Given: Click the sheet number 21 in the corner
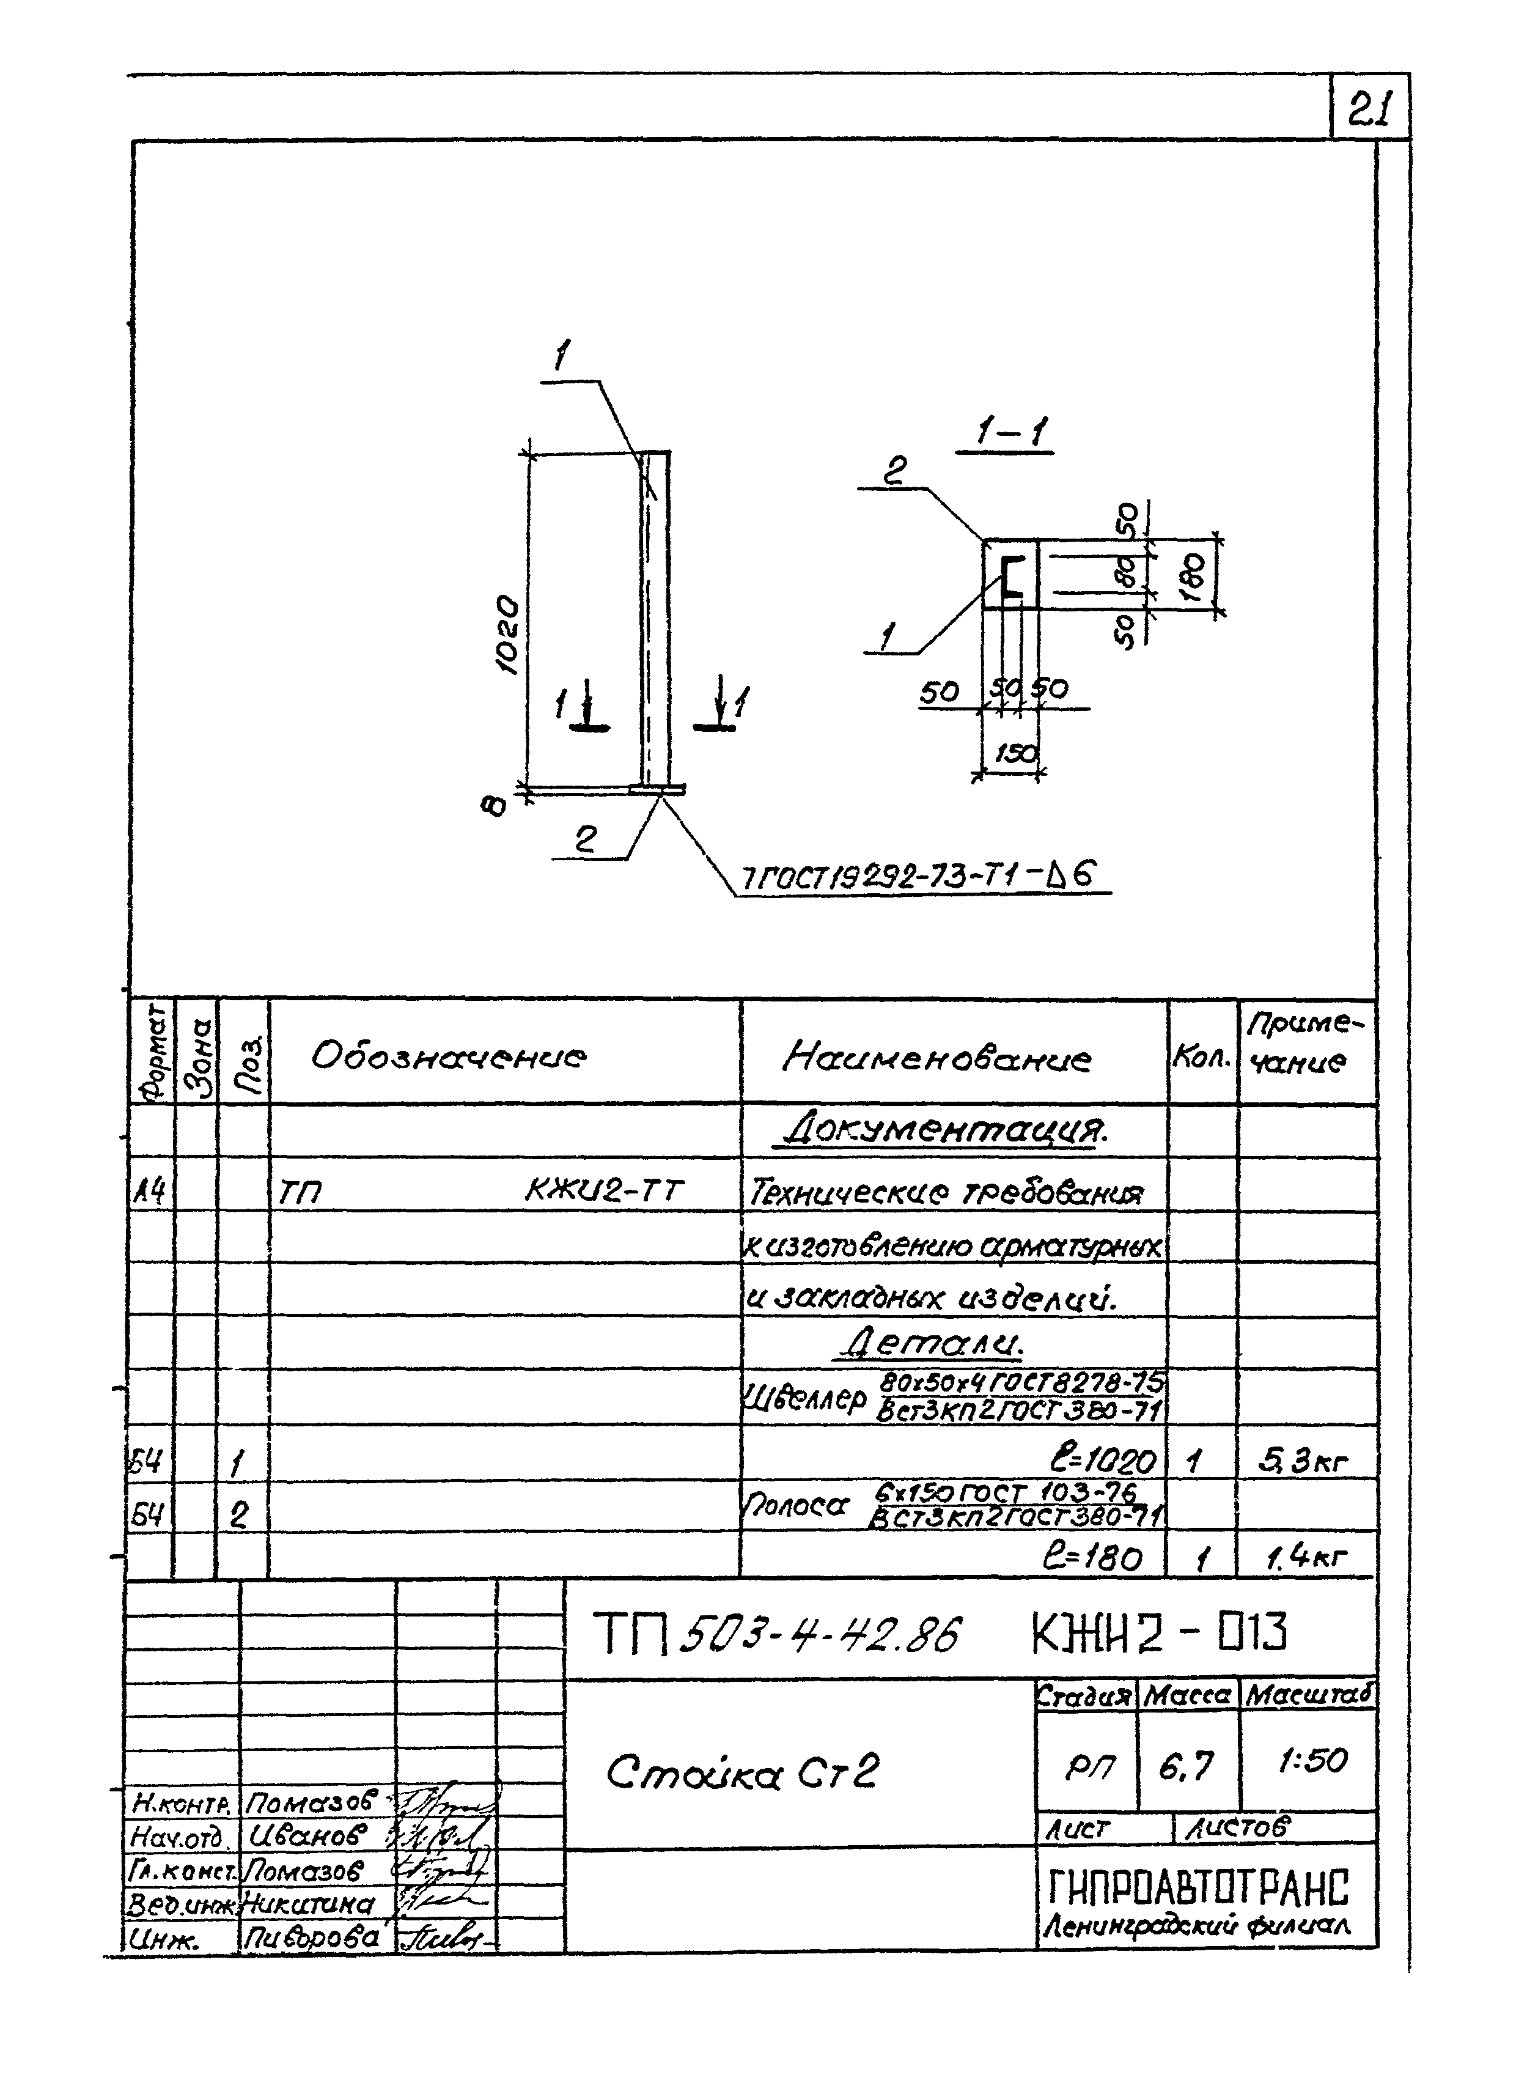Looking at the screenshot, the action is pos(1370,110).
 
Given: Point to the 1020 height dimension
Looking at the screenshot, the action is pos(507,635).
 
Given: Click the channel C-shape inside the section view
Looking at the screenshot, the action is pos(1012,577).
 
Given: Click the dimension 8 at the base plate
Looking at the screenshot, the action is pos(496,806).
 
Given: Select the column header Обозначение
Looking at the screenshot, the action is pos(448,1055).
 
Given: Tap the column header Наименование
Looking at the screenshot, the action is pos(936,1056).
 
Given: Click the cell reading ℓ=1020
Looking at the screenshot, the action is pos(1102,1461).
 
